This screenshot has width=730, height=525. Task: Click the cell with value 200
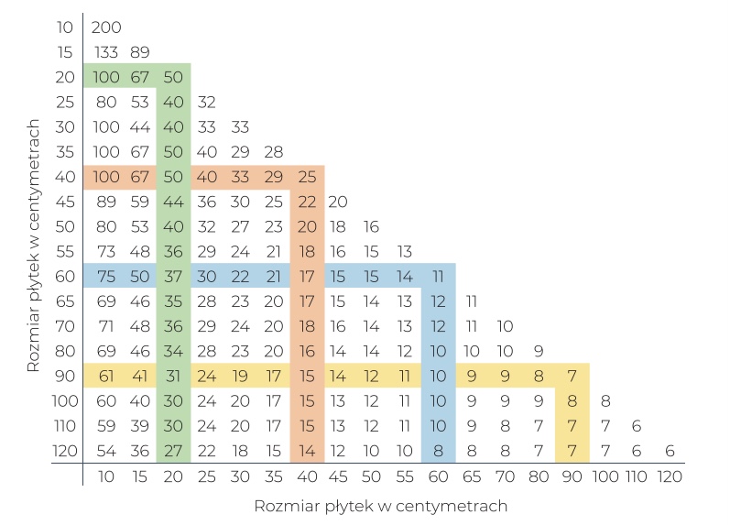coord(106,27)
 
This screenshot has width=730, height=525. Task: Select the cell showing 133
coord(106,51)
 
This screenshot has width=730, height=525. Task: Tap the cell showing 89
coord(140,51)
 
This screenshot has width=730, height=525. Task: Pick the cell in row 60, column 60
coord(438,276)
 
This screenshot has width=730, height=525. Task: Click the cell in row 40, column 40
coord(306,176)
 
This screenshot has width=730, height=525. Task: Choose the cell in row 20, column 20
coord(173,76)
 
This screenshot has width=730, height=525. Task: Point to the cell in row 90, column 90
coord(572,376)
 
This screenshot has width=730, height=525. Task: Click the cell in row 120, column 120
coord(670,451)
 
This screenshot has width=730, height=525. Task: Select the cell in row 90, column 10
coord(106,376)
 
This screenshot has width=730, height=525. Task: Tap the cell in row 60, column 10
coord(106,276)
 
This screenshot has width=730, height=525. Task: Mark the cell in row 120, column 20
coord(173,451)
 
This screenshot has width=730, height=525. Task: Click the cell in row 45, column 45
coord(338,201)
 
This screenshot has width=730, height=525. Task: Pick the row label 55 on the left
coord(65,251)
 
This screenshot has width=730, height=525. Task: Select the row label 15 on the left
coord(65,51)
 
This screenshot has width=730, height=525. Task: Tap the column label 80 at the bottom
coord(539,476)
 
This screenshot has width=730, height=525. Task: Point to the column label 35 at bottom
coord(273,476)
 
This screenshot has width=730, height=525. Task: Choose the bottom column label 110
coord(637,476)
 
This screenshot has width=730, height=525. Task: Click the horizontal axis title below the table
coord(380,506)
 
